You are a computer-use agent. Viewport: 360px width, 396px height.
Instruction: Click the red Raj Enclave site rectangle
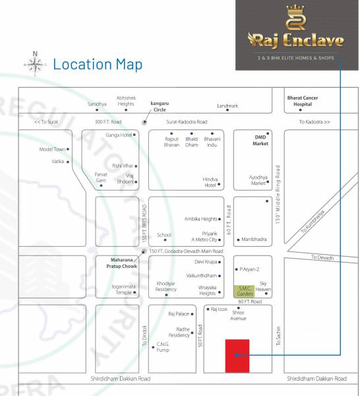[x=237, y=356]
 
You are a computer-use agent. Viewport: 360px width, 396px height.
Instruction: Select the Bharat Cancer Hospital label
[x=301, y=101]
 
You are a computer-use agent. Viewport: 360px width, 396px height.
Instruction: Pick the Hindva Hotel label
[x=210, y=181]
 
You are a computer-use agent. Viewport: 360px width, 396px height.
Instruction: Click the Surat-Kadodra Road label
[x=187, y=122]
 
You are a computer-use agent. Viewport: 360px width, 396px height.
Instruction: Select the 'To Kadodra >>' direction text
[x=314, y=122]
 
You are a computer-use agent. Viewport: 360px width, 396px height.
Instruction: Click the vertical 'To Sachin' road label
[x=278, y=337]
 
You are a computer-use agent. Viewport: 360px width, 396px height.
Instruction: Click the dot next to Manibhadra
[x=237, y=239]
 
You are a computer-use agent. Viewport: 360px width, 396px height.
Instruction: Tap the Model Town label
[x=53, y=149]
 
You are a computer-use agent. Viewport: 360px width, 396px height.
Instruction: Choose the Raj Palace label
[x=179, y=314]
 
